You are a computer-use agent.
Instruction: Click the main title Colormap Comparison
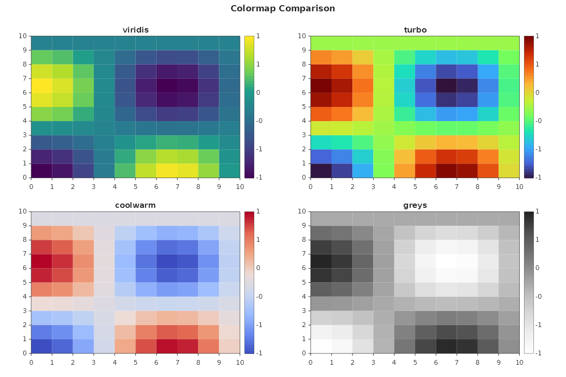pos(283,8)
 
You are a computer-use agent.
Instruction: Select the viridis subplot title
pos(135,30)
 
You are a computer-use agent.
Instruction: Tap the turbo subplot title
pos(415,30)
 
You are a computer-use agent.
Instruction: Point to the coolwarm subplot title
pos(135,205)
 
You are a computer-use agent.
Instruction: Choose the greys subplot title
pos(415,205)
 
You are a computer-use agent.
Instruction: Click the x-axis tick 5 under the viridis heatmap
pos(135,186)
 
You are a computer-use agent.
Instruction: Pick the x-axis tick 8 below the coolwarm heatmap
pos(198,361)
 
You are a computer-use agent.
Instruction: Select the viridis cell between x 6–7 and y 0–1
pos(167,171)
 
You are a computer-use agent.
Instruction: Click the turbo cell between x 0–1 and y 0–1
pos(321,171)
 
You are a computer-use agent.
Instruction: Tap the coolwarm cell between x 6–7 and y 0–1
pos(167,346)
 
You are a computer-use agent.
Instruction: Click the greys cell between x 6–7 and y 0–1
pos(446,346)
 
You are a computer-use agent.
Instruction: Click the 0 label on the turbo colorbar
pos(538,93)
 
